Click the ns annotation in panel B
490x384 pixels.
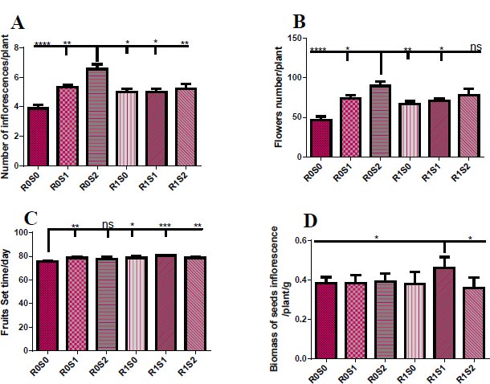click(476, 47)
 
